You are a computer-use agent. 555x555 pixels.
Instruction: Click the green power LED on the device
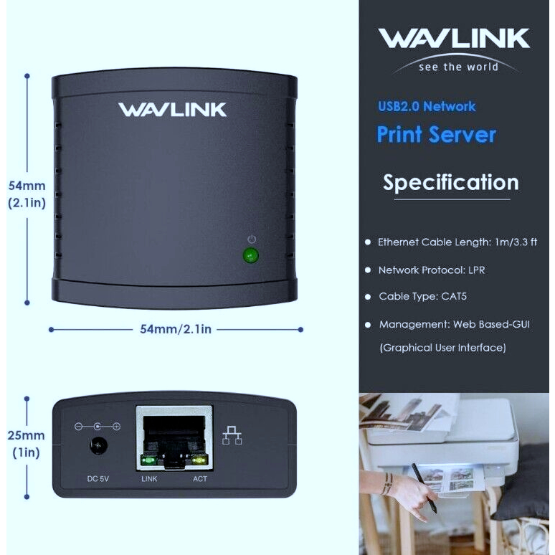click(x=250, y=255)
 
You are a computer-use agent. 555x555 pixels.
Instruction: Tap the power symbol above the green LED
click(x=252, y=239)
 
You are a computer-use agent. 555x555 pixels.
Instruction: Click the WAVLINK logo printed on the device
click(x=172, y=110)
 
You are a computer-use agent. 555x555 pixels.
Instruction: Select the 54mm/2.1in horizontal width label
click(x=176, y=329)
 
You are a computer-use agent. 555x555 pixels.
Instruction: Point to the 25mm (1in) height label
click(x=27, y=444)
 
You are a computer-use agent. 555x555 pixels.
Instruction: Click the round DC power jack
click(x=98, y=445)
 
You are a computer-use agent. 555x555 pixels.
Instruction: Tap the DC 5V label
click(x=98, y=479)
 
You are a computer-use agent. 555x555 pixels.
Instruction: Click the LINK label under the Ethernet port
click(x=149, y=479)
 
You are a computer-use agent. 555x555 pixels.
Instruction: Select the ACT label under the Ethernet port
click(x=200, y=479)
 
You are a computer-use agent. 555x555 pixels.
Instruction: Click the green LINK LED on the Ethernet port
click(x=148, y=460)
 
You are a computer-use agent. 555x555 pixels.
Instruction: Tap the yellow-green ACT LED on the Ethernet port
click(x=199, y=460)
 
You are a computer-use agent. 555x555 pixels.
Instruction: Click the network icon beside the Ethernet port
click(x=232, y=435)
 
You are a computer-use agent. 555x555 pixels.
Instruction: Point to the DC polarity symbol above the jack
click(x=98, y=427)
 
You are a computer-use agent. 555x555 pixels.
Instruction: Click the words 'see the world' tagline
click(x=458, y=67)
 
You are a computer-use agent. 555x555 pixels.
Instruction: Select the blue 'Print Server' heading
click(x=437, y=135)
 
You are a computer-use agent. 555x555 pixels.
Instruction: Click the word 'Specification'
click(x=451, y=183)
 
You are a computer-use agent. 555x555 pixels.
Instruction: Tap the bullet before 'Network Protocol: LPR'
click(x=368, y=270)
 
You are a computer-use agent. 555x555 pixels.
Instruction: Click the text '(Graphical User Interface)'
click(x=443, y=348)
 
